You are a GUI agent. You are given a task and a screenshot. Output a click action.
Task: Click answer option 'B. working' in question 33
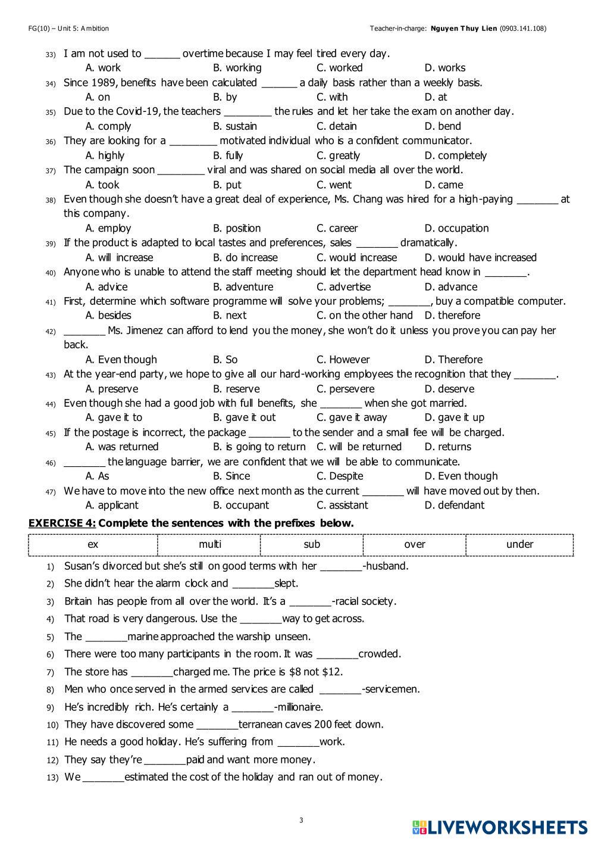pos(237,68)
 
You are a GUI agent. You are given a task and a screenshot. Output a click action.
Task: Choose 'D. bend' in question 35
pos(443,126)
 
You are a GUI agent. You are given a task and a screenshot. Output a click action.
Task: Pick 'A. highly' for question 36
pos(105,155)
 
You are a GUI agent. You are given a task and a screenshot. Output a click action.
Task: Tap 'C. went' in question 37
pos(334,185)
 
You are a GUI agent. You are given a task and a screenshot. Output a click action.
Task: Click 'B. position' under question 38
pos(237,228)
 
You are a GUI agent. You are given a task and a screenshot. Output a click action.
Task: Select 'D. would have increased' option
pos(480,257)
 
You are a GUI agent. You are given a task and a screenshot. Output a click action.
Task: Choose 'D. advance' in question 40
pos(450,286)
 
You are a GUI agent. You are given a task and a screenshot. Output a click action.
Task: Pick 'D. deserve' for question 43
pos(449,389)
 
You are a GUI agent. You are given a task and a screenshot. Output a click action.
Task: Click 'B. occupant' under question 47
pos(240,505)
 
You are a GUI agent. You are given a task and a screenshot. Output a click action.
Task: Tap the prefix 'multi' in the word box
pos(209,544)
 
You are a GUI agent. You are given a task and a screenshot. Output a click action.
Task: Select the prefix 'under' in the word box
pos(519,544)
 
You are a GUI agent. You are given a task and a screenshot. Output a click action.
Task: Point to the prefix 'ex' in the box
pos(93,544)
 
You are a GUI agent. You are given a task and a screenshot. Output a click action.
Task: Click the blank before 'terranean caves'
pos(217,725)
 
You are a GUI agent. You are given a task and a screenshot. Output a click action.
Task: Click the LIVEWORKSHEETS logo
pos(499,827)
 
